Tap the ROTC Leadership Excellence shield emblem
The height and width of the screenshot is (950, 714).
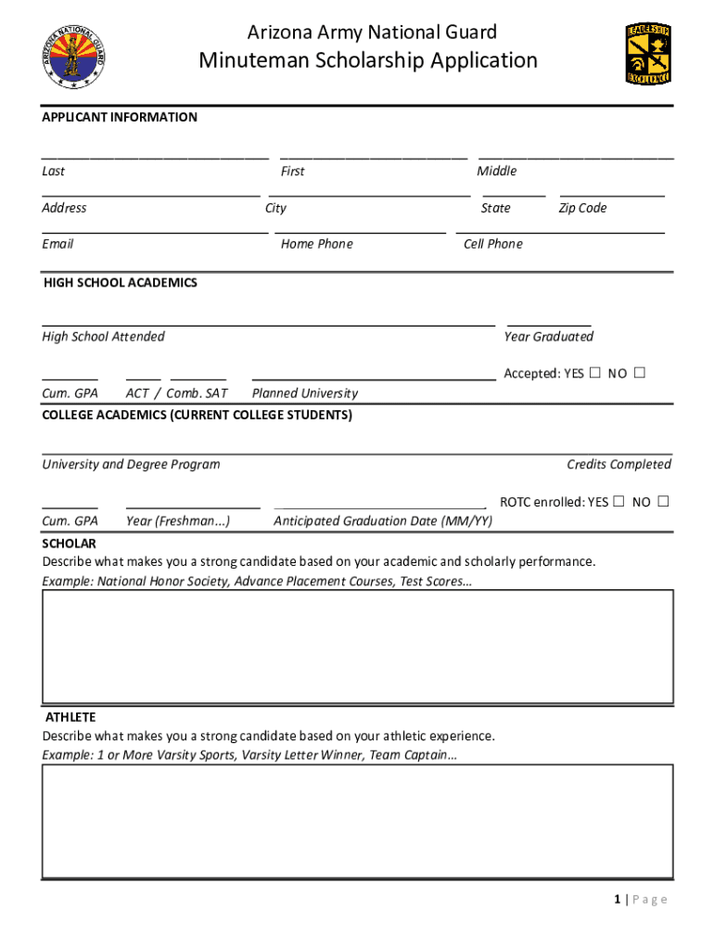coord(648,54)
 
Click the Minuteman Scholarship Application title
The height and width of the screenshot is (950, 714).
coord(368,61)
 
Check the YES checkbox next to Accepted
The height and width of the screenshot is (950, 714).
coord(594,373)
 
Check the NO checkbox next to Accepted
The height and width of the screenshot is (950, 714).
coord(639,373)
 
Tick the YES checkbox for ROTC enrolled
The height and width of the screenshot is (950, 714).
coord(618,502)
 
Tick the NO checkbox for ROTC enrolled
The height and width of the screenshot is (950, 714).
coord(663,502)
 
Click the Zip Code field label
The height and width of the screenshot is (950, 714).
coord(582,208)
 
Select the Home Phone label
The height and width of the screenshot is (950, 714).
coord(316,244)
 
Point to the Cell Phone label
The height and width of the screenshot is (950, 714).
coord(492,244)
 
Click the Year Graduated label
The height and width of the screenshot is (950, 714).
coord(548,337)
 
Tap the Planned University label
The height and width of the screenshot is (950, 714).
coord(304,393)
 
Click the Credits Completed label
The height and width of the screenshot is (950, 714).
coord(618,464)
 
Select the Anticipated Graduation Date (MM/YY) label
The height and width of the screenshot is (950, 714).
coord(383,521)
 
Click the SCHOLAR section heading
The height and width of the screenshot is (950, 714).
coord(69,544)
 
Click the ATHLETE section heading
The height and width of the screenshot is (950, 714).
coord(70,717)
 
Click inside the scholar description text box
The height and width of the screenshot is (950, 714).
coord(358,647)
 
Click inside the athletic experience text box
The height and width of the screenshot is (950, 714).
coord(358,821)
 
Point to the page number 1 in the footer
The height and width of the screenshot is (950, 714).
coord(617,899)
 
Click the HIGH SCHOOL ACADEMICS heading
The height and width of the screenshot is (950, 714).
coord(121,282)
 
